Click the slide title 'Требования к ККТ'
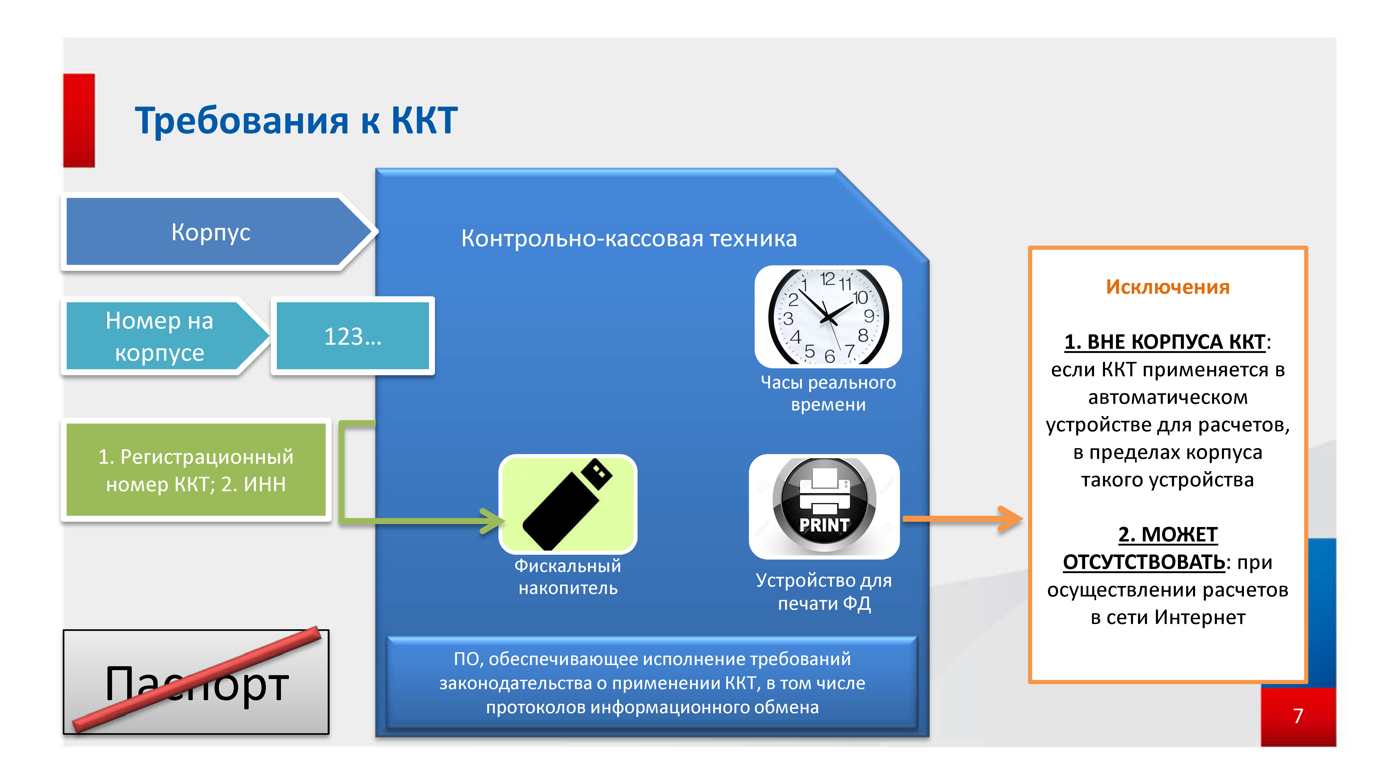[296, 120]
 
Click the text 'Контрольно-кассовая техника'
[629, 238]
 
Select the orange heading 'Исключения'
[1167, 287]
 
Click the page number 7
[1298, 716]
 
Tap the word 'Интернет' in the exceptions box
[1200, 618]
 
